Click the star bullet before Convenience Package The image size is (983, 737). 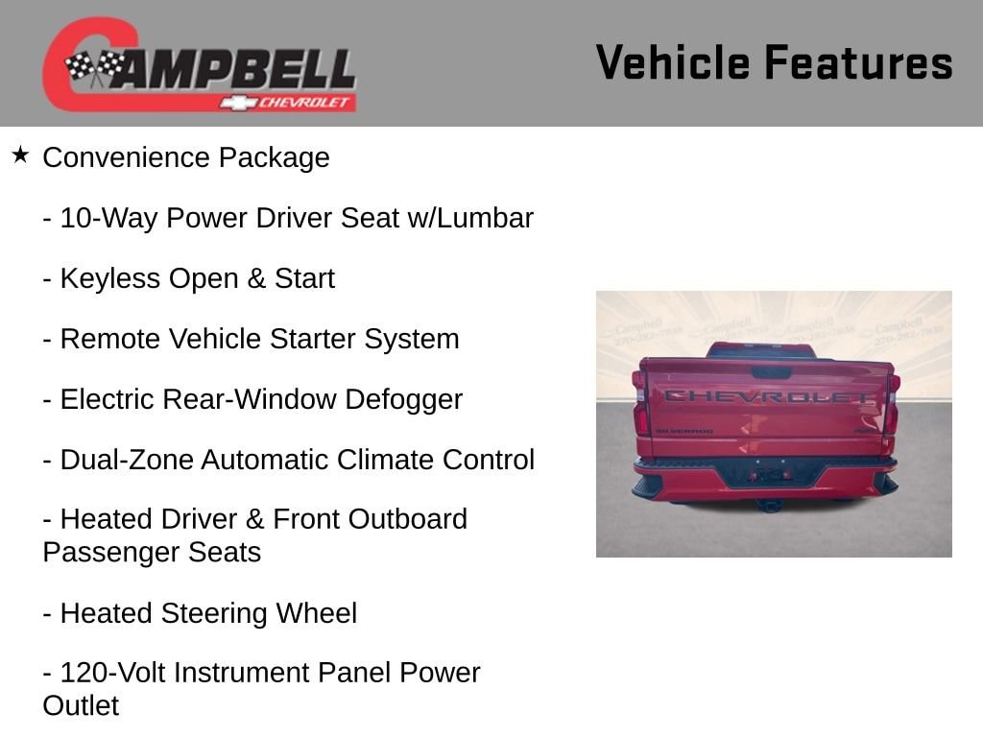click(x=20, y=155)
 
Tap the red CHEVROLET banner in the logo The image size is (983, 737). click(x=288, y=102)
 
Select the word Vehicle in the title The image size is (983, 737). click(x=673, y=62)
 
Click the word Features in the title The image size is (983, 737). click(x=859, y=62)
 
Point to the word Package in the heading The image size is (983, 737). click(x=274, y=158)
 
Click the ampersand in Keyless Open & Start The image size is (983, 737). click(x=255, y=279)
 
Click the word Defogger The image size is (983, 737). click(x=404, y=400)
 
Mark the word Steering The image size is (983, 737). click(x=214, y=613)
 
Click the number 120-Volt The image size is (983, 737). click(x=113, y=673)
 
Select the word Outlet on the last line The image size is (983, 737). click(x=81, y=705)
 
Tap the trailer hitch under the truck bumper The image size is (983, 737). click(x=767, y=504)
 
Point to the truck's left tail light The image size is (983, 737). click(x=639, y=414)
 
